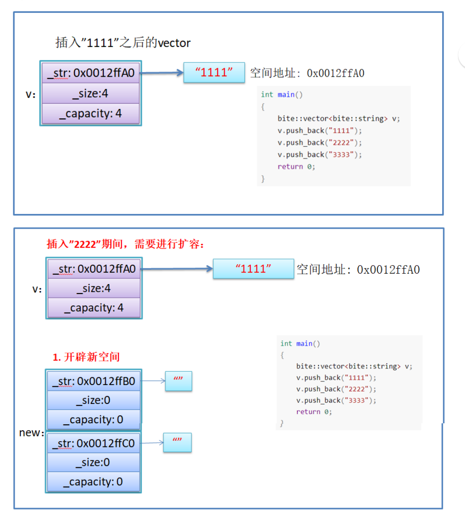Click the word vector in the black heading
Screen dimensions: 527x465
174,43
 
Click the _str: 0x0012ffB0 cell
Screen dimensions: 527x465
94,381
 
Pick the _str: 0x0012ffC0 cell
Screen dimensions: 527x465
94,444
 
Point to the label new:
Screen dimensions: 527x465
32,433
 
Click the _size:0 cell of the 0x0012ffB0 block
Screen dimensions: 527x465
94,401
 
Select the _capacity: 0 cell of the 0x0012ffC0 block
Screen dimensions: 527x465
94,482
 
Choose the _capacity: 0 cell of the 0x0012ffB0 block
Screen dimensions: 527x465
94,420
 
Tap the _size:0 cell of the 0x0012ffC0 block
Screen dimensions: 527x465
94,463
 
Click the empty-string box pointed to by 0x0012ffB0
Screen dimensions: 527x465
179,381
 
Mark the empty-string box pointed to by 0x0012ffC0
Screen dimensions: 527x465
178,442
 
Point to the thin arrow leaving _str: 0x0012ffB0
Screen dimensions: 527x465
153,381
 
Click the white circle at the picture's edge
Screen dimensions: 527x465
463,56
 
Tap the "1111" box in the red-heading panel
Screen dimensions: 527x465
253,269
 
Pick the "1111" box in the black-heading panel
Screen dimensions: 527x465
214,72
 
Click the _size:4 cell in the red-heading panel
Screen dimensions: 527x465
94,288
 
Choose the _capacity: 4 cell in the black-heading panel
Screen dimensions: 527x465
91,114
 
